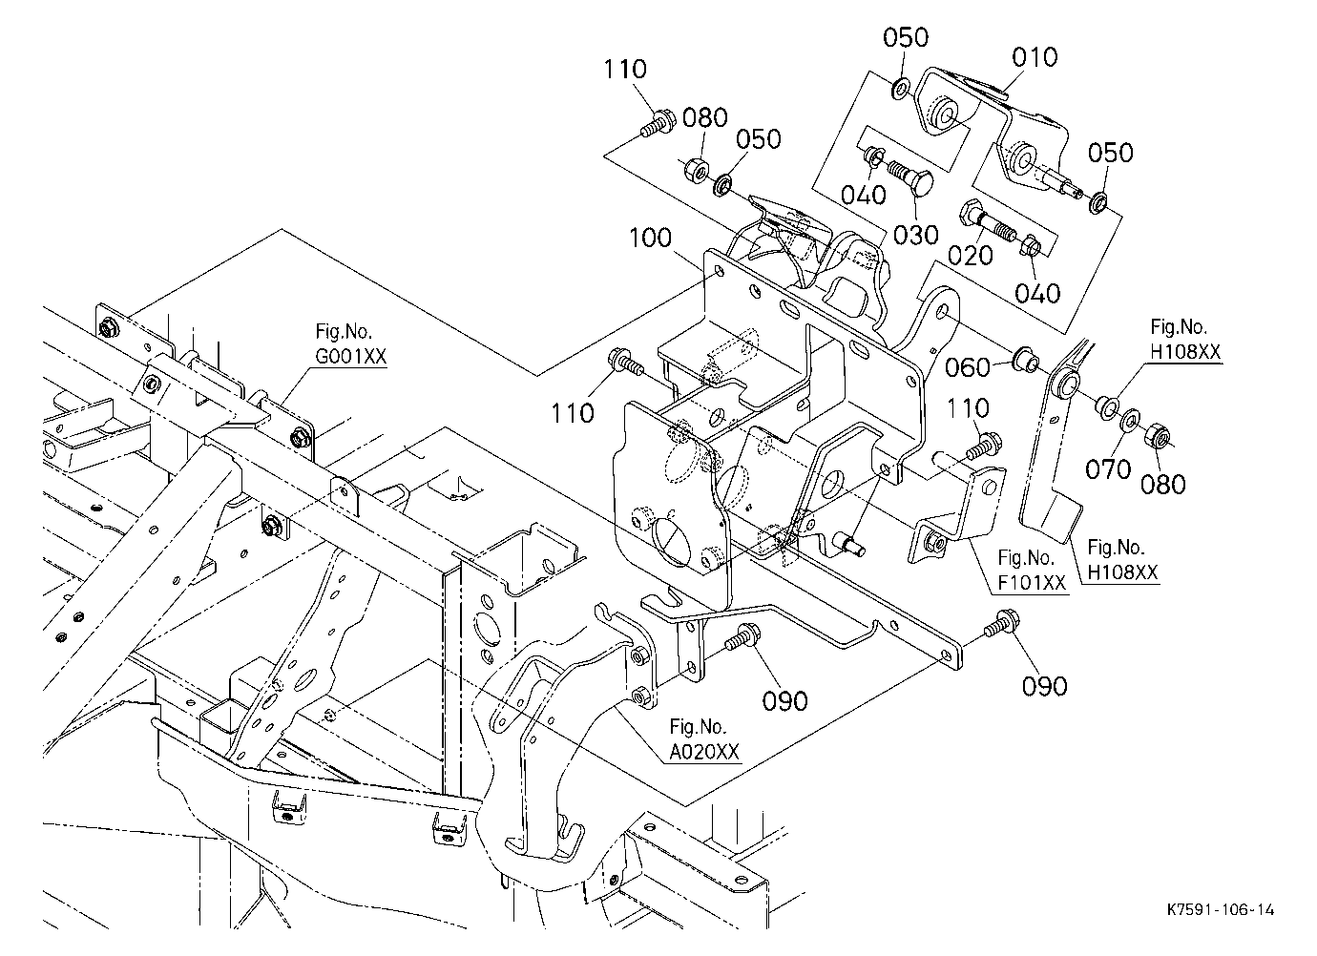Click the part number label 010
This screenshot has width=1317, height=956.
(1035, 57)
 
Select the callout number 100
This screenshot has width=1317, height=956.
(650, 238)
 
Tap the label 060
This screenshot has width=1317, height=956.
(968, 368)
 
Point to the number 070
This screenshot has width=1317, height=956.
(1108, 469)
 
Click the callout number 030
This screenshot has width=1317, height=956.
(916, 236)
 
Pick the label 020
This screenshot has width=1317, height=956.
(971, 256)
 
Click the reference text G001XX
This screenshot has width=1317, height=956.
(350, 356)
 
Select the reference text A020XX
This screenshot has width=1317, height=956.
(703, 752)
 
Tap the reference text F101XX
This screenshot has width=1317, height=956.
(1032, 583)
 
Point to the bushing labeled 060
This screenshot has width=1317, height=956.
(1026, 360)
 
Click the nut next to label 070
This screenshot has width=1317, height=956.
(1157, 435)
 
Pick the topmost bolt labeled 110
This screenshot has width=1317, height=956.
(658, 124)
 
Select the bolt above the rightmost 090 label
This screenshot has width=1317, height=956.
(1002, 623)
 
